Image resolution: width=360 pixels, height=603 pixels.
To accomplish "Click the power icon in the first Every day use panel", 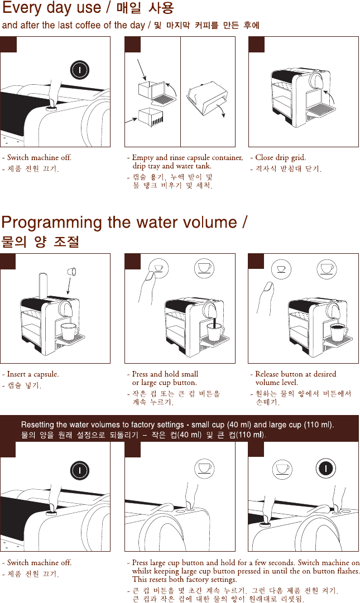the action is [x=80, y=70].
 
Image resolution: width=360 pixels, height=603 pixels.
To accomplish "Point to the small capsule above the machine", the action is [x=72, y=272].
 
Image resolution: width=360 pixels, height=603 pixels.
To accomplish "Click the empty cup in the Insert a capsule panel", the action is [x=70, y=331].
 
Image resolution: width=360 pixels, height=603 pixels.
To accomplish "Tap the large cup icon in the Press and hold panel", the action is [x=204, y=268].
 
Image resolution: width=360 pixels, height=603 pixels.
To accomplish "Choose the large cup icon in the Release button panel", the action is [x=327, y=268].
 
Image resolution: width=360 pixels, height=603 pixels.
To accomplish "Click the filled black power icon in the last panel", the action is [x=326, y=469].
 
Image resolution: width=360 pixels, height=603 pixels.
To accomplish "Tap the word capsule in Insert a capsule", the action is [x=46, y=374].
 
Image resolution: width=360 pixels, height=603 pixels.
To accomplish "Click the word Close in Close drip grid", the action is [x=264, y=157].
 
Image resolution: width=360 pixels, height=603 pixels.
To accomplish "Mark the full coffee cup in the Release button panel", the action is [x=338, y=332].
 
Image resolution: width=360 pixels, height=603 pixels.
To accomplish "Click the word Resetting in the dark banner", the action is [x=37, y=425].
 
